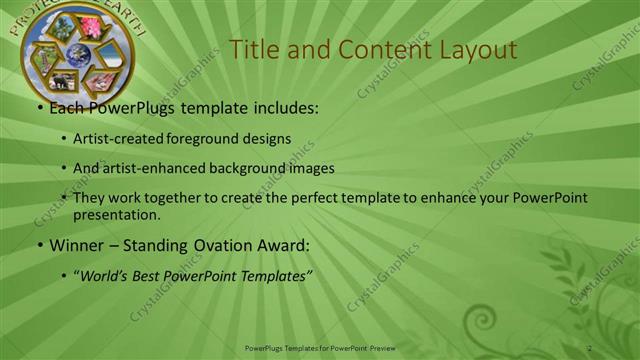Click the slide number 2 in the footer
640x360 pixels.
590,347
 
